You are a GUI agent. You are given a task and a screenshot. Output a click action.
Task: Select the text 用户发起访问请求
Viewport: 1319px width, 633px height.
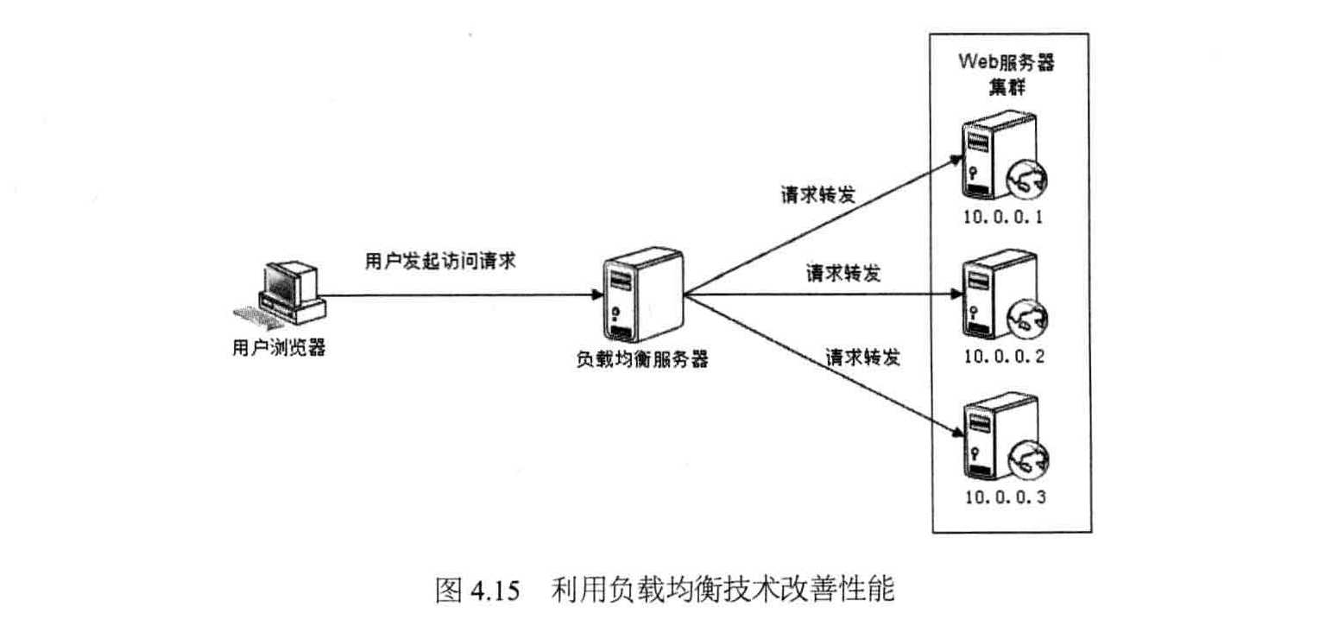440,262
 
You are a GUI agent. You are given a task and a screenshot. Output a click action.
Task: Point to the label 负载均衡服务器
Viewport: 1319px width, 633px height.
642,361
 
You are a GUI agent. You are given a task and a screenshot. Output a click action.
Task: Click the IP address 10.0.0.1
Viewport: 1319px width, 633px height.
1004,218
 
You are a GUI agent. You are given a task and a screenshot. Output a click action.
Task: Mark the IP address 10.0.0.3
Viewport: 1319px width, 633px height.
1004,497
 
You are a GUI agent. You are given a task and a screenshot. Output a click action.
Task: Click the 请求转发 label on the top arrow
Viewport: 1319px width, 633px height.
817,194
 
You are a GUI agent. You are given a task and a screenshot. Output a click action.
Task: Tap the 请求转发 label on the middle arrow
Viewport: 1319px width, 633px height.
843,274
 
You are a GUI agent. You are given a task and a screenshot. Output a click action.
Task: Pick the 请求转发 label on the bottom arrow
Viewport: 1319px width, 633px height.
862,357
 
